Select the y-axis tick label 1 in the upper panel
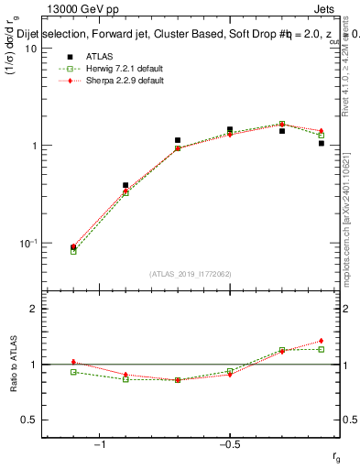tap(33, 146)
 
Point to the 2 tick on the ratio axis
tap(33, 309)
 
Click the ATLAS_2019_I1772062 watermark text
tap(191, 273)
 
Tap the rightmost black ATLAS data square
tap(322, 143)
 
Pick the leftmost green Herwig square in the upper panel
tap(73, 250)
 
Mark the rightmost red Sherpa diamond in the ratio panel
tap(322, 341)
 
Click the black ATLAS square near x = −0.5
tap(230, 129)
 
